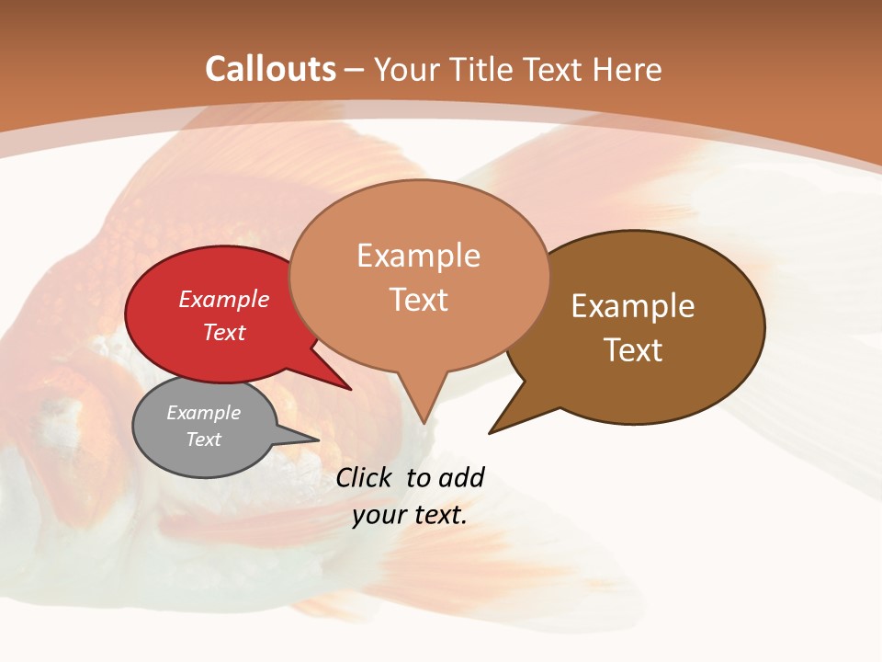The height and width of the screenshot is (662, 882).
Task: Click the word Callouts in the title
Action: point(270,69)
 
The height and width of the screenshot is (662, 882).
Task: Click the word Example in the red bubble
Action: point(223,299)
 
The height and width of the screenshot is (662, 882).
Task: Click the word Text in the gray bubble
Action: point(203,439)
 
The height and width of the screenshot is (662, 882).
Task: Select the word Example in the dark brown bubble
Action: point(633,306)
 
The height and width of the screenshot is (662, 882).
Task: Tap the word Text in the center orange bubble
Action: point(419,300)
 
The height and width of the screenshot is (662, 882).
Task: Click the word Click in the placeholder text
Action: point(363,477)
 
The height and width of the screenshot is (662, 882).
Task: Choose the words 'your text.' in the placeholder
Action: point(410,515)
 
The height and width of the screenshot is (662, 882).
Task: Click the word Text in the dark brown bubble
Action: point(633,349)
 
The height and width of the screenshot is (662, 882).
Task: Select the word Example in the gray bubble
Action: point(203,413)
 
